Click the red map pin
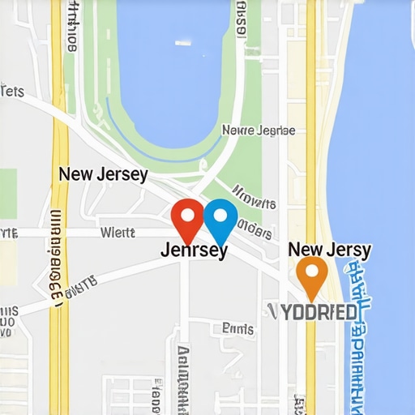(188, 220)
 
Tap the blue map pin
(220, 219)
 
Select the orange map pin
(312, 276)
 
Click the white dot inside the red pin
(188, 215)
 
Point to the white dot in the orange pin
(312, 270)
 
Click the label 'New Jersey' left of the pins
(103, 174)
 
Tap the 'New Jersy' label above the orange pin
(330, 250)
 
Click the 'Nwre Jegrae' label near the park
(259, 130)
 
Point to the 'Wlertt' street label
(117, 233)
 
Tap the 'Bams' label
(238, 328)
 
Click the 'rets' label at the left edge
(11, 91)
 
